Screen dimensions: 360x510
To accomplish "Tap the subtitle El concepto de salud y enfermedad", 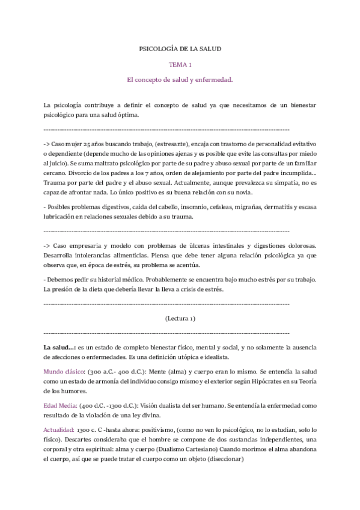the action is [x=180, y=79].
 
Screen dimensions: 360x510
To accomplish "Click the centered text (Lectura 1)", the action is [x=180, y=318].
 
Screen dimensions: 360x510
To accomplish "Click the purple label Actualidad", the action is [x=59, y=431].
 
